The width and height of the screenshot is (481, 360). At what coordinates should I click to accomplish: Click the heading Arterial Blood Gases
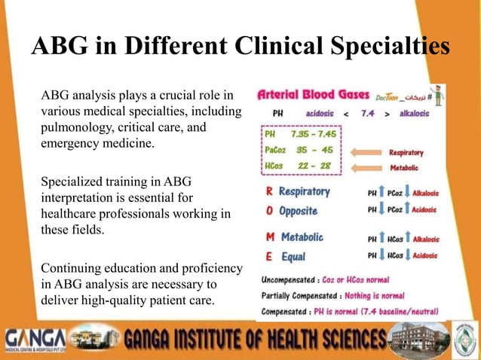pyautogui.click(x=313, y=96)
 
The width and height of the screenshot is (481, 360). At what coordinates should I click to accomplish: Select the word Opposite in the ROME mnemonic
pyautogui.click(x=299, y=210)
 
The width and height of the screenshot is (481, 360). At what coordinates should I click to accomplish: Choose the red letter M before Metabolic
pyautogui.click(x=270, y=237)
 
